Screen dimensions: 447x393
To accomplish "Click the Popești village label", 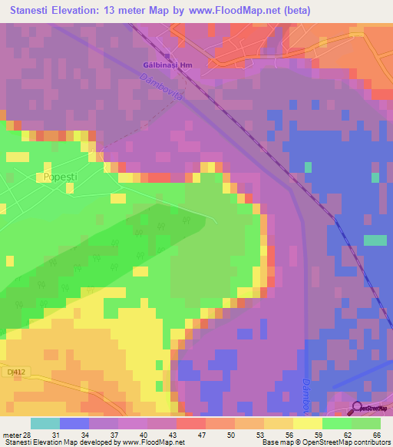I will (58, 176).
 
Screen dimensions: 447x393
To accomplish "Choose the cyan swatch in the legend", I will (45, 423).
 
